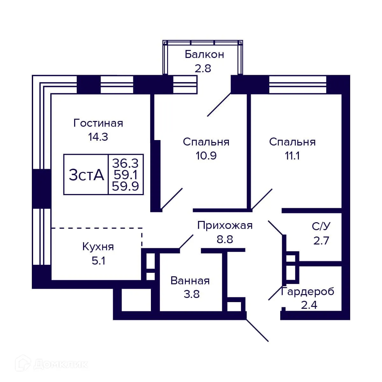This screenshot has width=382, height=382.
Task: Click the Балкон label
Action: click(204, 54)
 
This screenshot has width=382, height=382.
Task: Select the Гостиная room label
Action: click(98, 123)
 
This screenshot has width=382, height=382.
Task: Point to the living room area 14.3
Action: click(98, 137)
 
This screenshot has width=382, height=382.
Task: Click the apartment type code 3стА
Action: click(86, 175)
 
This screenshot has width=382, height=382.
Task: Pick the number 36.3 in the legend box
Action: click(125, 163)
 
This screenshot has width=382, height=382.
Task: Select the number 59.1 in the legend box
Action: click(125, 175)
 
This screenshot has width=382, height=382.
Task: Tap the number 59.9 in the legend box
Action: click(125, 186)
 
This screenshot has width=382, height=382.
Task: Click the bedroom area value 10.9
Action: click(206, 156)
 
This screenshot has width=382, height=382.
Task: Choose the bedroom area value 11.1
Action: click(292, 156)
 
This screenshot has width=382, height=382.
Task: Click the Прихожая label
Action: click(225, 225)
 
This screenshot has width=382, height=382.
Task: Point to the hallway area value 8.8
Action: click(225, 239)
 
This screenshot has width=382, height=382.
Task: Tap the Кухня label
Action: click(98, 247)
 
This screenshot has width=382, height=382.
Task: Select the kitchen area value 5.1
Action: click(98, 261)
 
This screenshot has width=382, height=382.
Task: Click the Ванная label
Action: click(190, 280)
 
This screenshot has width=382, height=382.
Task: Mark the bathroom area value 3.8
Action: click(191, 294)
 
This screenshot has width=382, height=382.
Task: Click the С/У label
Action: click(321, 226)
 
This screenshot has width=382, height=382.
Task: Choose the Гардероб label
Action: click(308, 291)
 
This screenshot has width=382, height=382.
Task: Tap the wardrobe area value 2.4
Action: click(309, 305)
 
